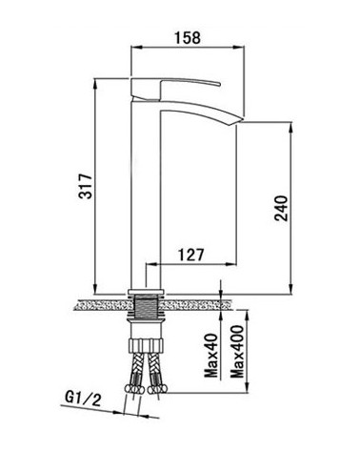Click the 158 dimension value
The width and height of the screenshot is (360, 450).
188,38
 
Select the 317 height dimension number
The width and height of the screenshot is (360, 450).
86,186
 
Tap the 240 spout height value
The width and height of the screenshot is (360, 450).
281,208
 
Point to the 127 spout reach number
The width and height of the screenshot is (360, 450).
190,255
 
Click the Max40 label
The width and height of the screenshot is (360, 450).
211,356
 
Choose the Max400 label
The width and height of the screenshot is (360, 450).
237,352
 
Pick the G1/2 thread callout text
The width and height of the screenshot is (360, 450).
83,399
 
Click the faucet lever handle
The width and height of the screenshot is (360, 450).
175,88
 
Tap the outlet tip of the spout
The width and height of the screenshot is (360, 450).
240,122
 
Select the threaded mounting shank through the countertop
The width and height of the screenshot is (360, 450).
146,307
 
